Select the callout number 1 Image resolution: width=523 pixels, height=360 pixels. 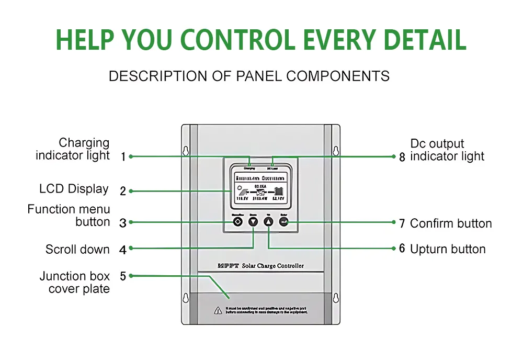123,156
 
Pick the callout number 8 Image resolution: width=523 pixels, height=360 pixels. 402,156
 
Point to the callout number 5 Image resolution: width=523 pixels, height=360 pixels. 123,276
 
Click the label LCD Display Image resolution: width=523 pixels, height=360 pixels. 74,189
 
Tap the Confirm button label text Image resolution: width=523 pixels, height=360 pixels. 450,223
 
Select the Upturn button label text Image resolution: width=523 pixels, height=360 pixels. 448,249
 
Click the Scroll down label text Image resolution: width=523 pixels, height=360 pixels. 77,250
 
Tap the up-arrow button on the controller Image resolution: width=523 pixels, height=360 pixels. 269,222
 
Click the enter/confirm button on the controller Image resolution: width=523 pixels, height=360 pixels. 284,222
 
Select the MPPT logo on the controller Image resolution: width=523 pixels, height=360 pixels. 228,266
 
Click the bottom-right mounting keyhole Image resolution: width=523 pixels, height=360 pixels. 336,298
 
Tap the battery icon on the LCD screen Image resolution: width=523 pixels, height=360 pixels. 280,190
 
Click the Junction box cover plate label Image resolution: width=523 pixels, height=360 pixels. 74,283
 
